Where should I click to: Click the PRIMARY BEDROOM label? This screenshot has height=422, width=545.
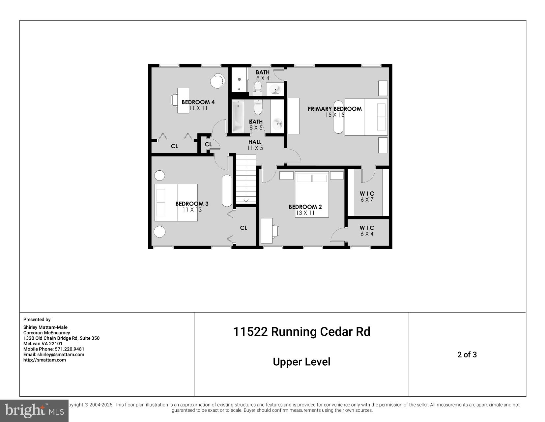[x=334, y=109]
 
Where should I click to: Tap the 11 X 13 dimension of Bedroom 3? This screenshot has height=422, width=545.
[x=192, y=210]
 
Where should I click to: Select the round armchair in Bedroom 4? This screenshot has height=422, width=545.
[x=217, y=81]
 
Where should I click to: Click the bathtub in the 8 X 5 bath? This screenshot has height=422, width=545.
[x=238, y=116]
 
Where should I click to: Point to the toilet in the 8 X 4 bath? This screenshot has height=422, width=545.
[x=258, y=87]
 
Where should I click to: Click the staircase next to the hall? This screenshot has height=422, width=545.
[x=246, y=180]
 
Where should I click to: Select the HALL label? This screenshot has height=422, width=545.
[x=255, y=142]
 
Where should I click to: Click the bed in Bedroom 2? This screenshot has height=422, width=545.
[x=312, y=198]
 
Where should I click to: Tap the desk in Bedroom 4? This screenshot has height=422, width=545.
[x=183, y=100]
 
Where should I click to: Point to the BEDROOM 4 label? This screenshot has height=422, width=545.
[x=198, y=102]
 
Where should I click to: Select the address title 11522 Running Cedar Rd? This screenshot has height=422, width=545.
[x=301, y=331]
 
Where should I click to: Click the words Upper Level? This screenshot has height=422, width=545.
[x=301, y=362]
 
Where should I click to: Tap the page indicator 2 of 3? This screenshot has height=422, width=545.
[x=467, y=354]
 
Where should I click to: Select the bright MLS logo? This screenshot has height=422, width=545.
[x=34, y=410]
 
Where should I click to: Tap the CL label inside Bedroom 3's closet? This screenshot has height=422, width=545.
[x=243, y=228]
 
